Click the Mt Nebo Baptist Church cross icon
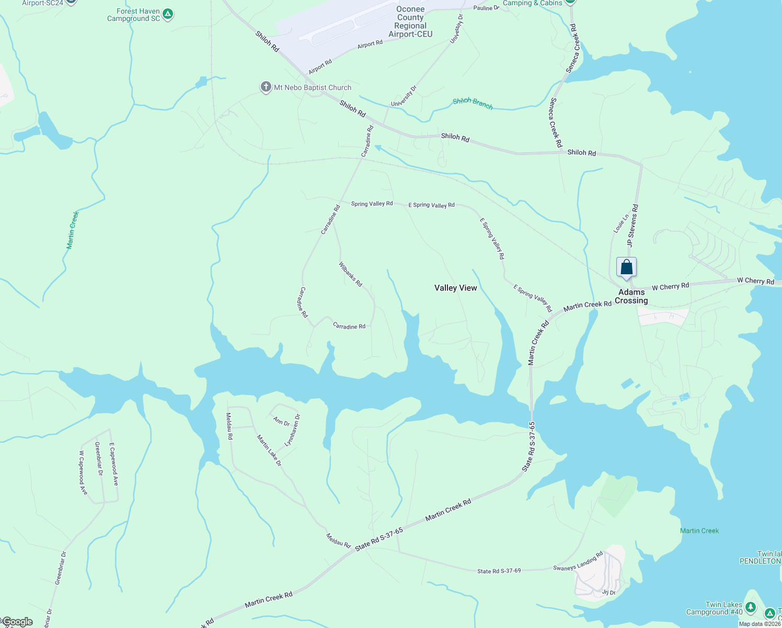click(266, 87)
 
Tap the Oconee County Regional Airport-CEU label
click(410, 21)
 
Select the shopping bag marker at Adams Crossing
click(626, 268)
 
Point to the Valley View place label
click(456, 288)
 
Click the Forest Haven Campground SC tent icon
click(167, 14)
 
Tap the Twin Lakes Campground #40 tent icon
click(751, 607)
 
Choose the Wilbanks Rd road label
click(350, 274)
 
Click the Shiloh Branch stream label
click(473, 103)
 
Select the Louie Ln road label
click(621, 224)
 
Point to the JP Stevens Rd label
click(633, 226)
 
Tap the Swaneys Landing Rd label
click(578, 560)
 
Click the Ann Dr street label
click(281, 422)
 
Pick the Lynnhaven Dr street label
click(293, 430)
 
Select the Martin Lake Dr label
click(269, 451)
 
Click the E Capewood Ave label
click(113, 464)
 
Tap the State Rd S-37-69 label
click(499, 570)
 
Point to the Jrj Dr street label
click(608, 592)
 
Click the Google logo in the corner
click(18, 622)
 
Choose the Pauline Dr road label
click(486, 8)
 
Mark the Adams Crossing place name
click(631, 296)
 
